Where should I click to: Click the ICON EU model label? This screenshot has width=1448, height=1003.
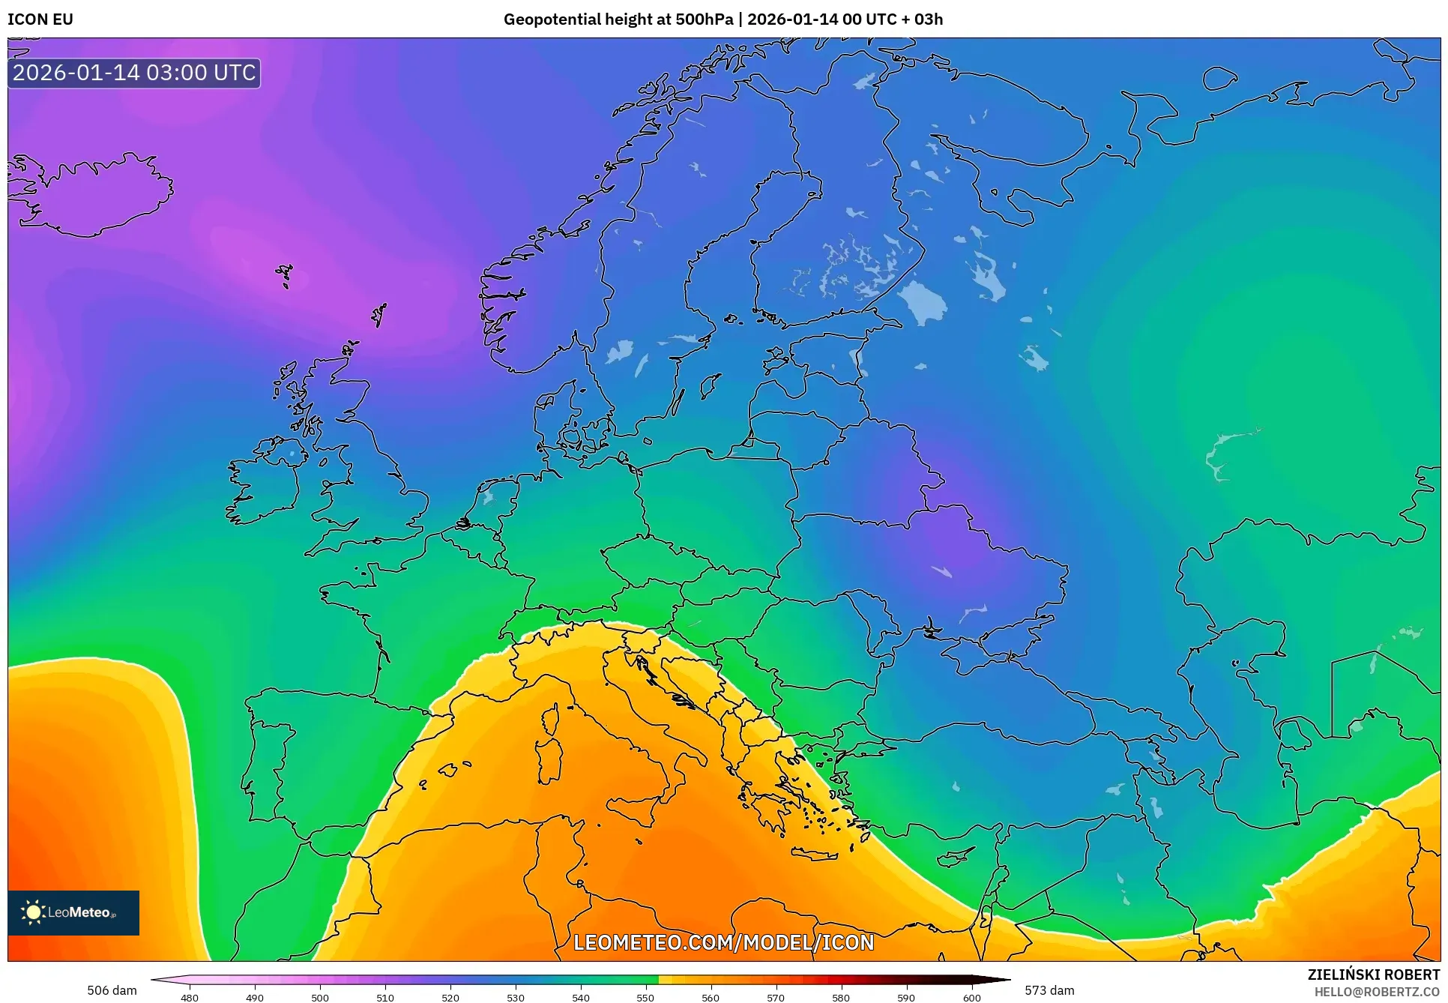[x=40, y=19]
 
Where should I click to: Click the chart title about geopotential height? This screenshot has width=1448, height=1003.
[x=723, y=19]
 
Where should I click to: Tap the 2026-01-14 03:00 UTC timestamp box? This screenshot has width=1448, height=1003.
[x=134, y=73]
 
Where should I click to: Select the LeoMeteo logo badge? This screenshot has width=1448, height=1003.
[x=73, y=912]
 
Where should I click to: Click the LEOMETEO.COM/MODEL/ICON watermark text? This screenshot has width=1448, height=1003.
[x=723, y=942]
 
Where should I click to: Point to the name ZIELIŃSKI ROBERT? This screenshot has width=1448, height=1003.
[x=1373, y=975]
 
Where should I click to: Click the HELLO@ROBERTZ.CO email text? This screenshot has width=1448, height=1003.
[x=1376, y=992]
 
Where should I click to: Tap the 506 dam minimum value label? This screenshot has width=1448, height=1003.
[x=112, y=990]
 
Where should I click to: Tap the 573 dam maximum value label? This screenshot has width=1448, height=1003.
[x=1049, y=990]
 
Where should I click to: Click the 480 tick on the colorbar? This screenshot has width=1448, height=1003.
[x=190, y=997]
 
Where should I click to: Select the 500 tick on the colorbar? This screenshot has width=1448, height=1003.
[x=320, y=997]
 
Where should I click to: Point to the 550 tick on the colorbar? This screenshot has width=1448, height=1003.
[x=645, y=997]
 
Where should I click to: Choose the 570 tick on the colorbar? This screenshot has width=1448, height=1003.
[x=776, y=997]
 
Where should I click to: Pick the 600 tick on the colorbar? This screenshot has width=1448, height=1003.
[x=971, y=997]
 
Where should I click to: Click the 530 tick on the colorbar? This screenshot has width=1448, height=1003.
[x=516, y=997]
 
